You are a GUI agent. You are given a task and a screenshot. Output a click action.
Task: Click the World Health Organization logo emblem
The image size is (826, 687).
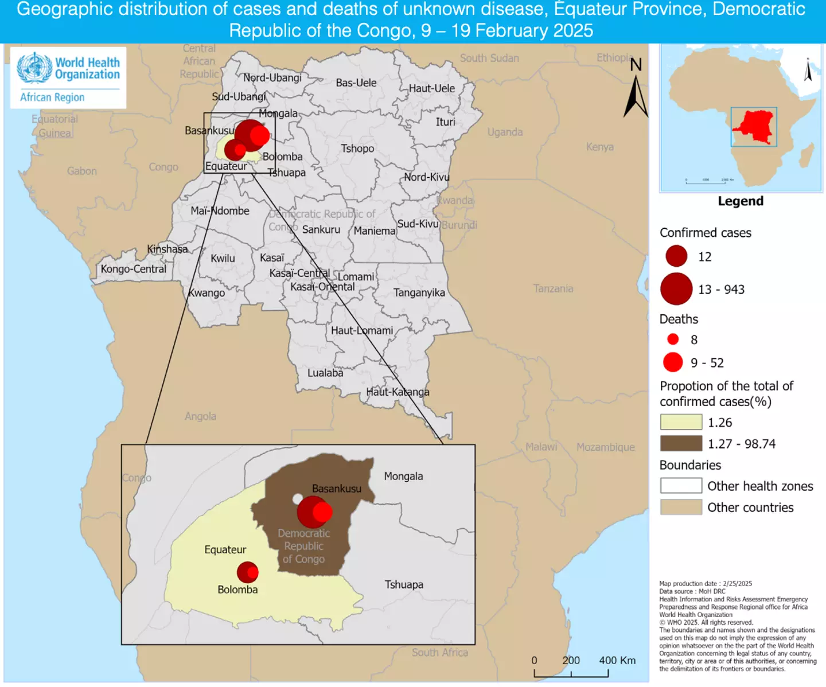[x=34, y=68]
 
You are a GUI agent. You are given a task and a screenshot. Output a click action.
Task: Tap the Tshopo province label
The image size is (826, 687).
[x=357, y=149]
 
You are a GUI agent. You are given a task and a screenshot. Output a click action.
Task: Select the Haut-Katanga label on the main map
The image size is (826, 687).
[x=398, y=392]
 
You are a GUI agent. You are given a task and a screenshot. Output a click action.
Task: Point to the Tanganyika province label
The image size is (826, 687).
[x=419, y=292]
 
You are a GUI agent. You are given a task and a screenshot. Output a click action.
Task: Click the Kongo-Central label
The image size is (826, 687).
[x=133, y=269]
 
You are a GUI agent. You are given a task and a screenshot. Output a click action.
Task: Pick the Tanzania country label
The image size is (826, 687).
[x=553, y=288]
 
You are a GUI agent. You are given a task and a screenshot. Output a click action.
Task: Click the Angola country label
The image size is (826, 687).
[x=200, y=416]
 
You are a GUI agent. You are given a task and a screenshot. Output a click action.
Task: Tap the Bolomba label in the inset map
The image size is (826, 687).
[x=237, y=590]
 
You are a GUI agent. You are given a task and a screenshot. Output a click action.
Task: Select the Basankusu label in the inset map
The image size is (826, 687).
[x=337, y=489]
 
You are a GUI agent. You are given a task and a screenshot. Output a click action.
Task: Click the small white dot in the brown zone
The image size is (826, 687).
[x=298, y=499]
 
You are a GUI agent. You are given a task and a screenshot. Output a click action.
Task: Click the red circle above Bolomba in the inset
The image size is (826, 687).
[x=248, y=572]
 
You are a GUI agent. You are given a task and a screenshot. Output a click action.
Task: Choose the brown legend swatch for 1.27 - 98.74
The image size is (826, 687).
[x=681, y=443]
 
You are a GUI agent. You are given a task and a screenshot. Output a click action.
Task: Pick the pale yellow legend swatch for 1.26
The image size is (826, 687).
[x=681, y=422]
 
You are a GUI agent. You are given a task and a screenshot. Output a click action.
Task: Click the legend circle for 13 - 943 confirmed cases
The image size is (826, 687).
[x=676, y=288]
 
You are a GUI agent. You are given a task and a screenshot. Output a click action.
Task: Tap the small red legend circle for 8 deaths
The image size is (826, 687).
[x=673, y=339]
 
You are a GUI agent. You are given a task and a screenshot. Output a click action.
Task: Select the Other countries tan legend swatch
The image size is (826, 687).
[x=681, y=507]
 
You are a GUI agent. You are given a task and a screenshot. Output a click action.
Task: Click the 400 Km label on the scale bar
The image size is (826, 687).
[x=617, y=660]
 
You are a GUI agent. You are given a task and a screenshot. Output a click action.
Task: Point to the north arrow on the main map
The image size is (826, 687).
[x=636, y=95]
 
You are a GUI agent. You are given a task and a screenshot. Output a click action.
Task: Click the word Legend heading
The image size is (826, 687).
[x=741, y=201]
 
